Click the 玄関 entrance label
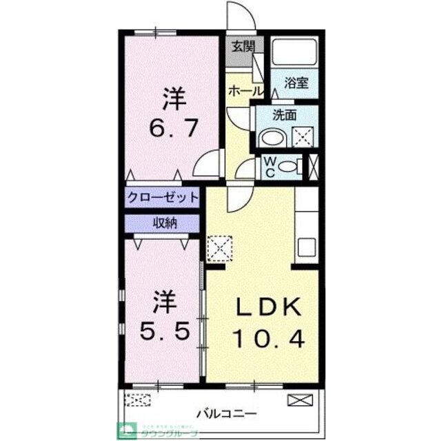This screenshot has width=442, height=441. coord(243,48)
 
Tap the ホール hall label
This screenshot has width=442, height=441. coord(243,90)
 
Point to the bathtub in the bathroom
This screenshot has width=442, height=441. coord(293,53)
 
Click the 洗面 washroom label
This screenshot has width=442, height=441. coord(284,115)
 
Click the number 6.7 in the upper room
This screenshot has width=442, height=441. coord(174,128)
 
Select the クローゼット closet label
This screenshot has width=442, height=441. coord(163,198)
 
